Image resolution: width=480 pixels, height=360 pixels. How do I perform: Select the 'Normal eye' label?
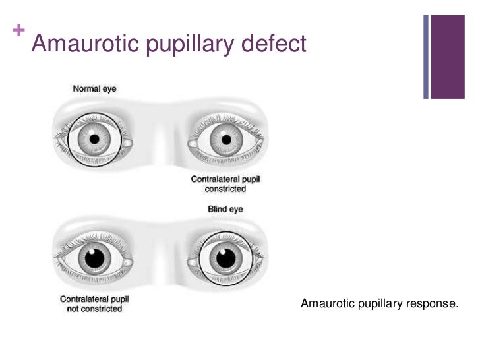[95, 88]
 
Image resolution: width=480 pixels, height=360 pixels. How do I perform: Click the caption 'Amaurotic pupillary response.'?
[379, 303]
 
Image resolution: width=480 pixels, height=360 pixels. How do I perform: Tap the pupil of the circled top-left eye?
[94, 140]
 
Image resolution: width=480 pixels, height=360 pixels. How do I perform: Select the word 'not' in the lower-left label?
[74, 309]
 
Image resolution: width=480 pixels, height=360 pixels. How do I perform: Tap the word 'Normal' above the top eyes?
[85, 88]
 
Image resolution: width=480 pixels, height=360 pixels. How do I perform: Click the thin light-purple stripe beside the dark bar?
[427, 56]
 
